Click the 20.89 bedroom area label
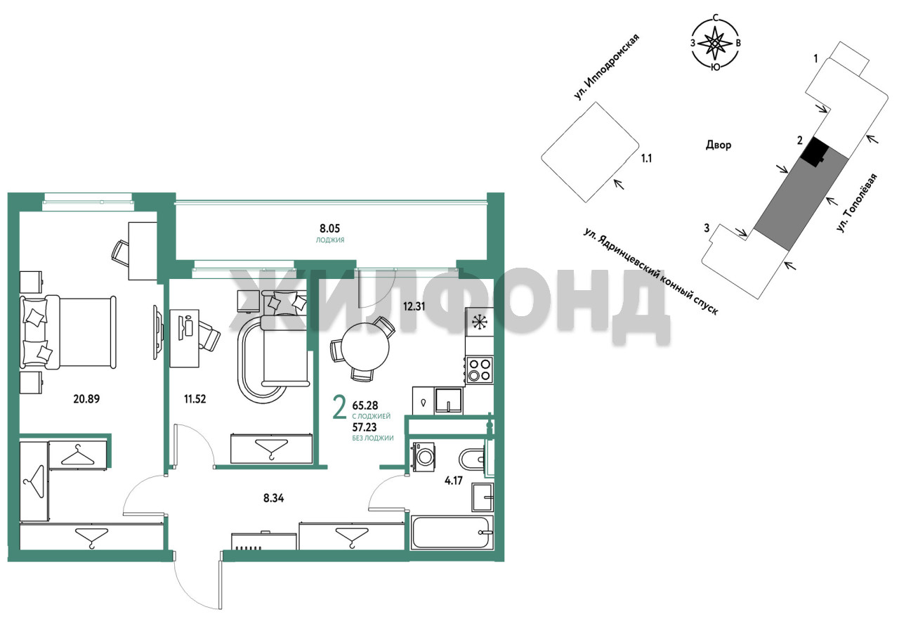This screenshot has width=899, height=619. click(86, 398)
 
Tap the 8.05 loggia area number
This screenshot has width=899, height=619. click(329, 228)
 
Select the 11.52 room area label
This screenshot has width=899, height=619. click(195, 399)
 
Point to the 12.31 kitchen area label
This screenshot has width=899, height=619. click(414, 307)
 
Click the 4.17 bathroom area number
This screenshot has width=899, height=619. click(454, 481)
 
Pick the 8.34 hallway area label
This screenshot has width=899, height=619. click(274, 498)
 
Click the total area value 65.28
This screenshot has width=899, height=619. click(365, 405)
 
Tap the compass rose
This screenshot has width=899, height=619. click(715, 43)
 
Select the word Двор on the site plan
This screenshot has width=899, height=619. click(718, 145)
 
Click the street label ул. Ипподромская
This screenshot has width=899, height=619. click(606, 67)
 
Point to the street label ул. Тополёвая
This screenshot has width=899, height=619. click(857, 203)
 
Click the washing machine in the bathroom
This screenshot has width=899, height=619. click(424, 457)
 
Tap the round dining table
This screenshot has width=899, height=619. click(365, 347)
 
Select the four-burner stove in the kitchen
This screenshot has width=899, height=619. click(480, 370)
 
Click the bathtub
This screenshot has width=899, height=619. click(452, 533)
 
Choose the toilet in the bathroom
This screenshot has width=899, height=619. click(472, 459)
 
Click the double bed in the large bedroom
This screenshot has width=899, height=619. click(68, 332)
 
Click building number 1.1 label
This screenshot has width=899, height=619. click(646, 159)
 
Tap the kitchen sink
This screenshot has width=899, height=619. click(449, 400)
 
